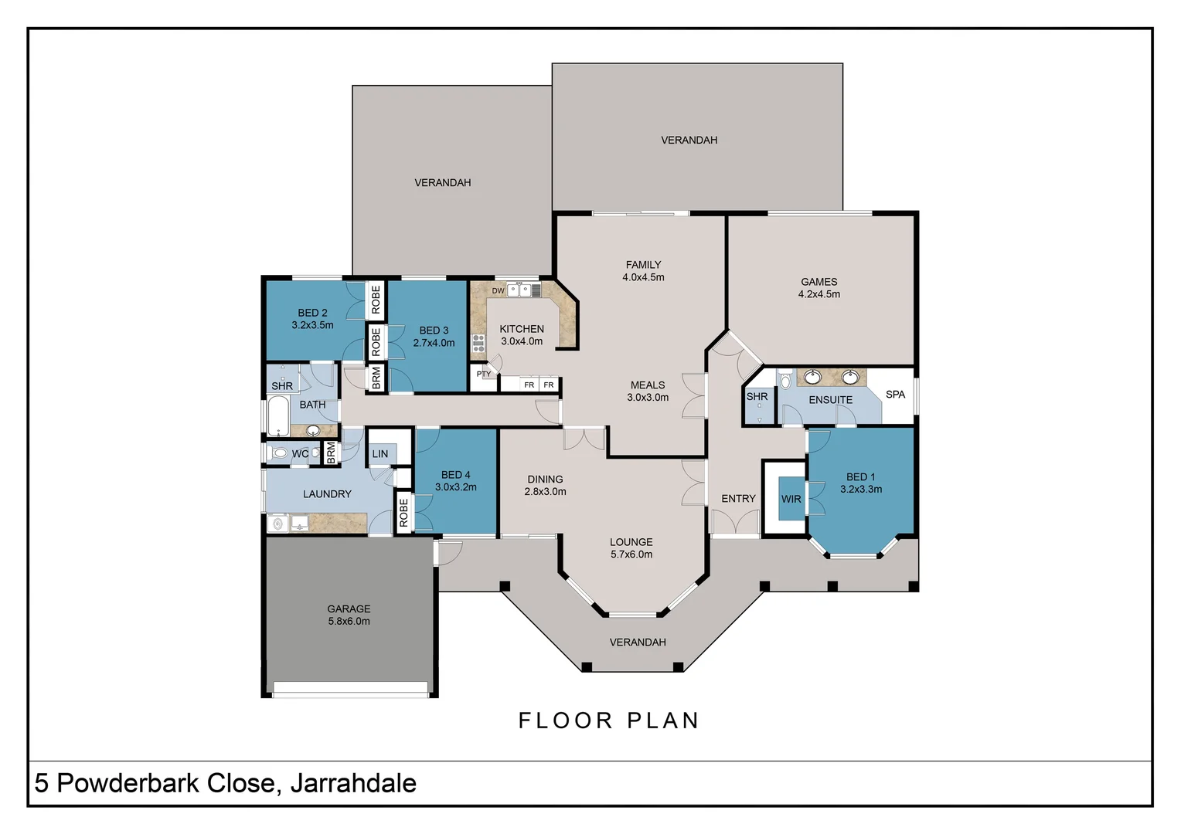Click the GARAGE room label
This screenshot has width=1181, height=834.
point(349,609)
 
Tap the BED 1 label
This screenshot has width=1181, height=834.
point(860,476)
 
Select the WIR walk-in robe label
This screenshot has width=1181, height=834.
point(791,499)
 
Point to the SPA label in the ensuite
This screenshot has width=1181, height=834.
point(895,394)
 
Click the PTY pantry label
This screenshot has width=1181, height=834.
point(484,374)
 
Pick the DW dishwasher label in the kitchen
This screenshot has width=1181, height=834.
point(498,291)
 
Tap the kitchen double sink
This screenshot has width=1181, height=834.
point(519,290)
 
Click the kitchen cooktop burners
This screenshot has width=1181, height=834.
point(478,343)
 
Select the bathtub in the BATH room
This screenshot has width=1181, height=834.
point(277,416)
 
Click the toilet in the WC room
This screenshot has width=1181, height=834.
point(277,453)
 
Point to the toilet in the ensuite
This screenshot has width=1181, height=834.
point(785,378)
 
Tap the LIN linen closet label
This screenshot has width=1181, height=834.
point(379,453)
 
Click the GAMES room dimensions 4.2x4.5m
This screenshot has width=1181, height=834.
point(819,294)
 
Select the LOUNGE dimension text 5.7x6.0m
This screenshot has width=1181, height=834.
point(631,554)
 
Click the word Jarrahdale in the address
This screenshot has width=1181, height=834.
point(353,784)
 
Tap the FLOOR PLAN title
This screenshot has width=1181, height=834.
point(609,720)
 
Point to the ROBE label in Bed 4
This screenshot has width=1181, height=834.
point(403,513)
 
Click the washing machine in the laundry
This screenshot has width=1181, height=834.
point(277,523)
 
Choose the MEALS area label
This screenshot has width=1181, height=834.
point(648,385)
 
